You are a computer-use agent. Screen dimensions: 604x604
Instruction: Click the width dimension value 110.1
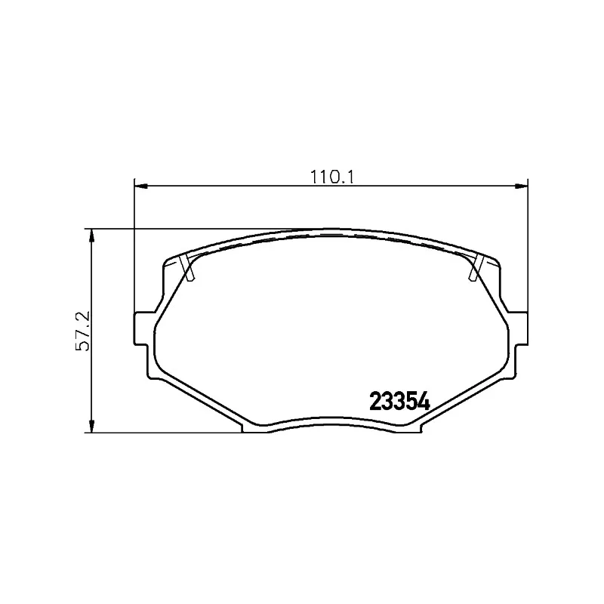[332, 177]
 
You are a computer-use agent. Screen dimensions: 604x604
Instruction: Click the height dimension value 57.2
[82, 331]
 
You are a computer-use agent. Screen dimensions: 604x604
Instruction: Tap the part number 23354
[399, 402]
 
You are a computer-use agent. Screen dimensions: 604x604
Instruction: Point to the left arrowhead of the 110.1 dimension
[140, 186]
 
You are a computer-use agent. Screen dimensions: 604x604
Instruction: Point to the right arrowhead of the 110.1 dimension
[521, 186]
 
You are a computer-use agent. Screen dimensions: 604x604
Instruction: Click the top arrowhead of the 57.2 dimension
[91, 236]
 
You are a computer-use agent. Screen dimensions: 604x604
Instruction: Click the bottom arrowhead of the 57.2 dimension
[91, 426]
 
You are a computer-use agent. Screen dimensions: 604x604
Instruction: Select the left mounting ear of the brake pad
[141, 328]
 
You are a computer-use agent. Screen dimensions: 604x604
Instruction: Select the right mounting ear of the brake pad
[521, 328]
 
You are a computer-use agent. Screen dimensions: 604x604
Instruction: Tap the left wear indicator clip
[187, 268]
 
